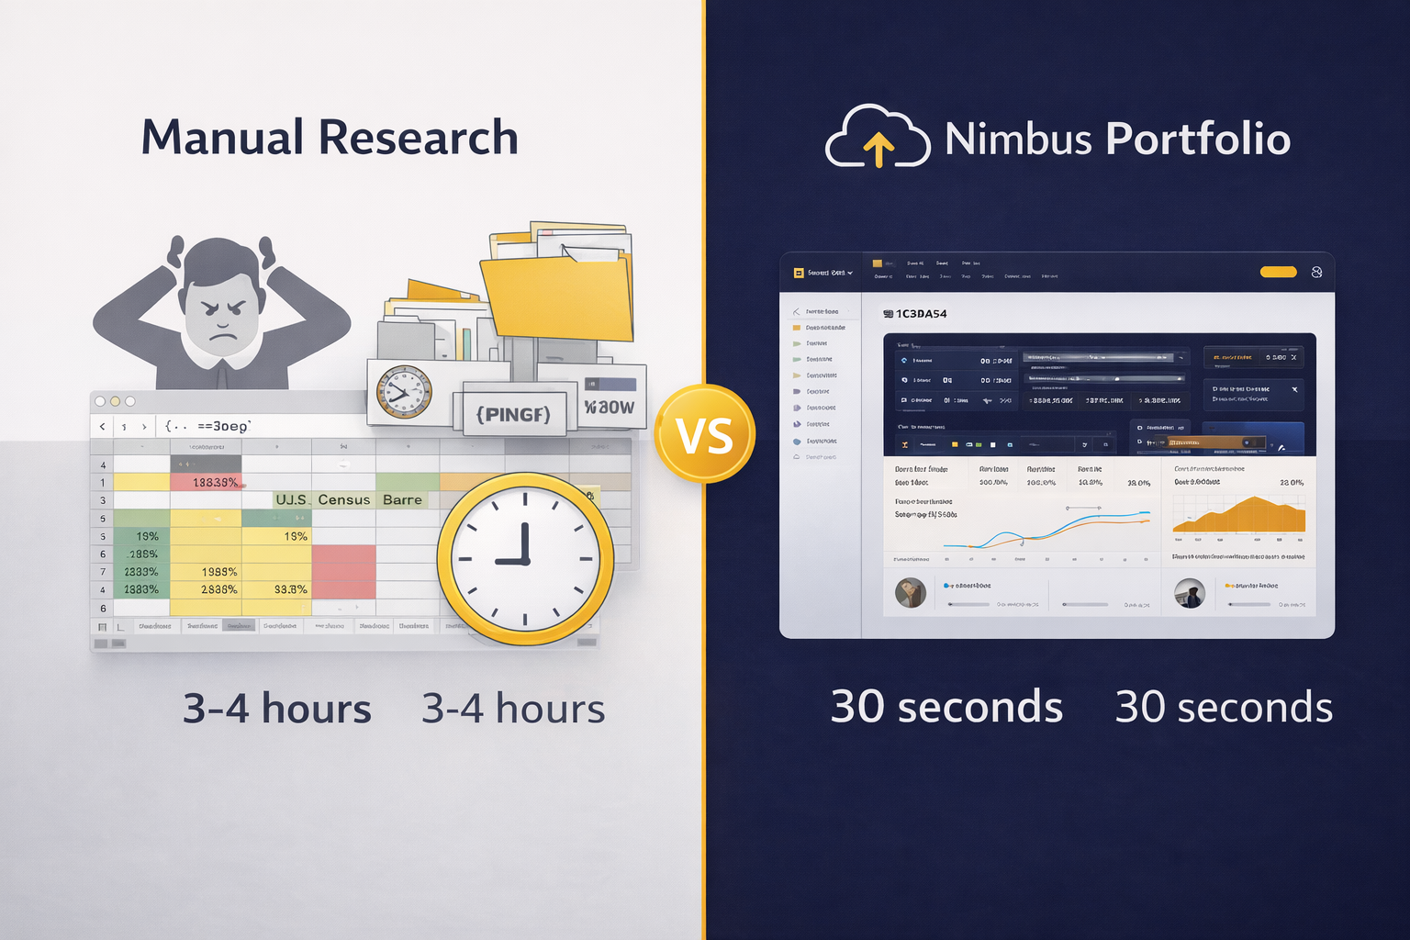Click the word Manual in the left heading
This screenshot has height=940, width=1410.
[x=222, y=138]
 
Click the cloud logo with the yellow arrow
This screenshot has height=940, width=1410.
[x=877, y=138]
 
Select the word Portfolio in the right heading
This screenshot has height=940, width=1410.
[x=1198, y=140]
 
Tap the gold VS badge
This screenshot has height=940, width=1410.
[x=704, y=435]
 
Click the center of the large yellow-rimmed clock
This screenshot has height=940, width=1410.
[x=525, y=559]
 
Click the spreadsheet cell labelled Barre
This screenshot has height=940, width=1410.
[x=402, y=500]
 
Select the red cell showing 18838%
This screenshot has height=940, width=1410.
[x=207, y=482]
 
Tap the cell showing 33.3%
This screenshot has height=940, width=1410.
[x=290, y=589]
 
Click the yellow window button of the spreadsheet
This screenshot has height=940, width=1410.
[x=115, y=401]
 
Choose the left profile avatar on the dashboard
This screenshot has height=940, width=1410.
[x=911, y=593]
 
